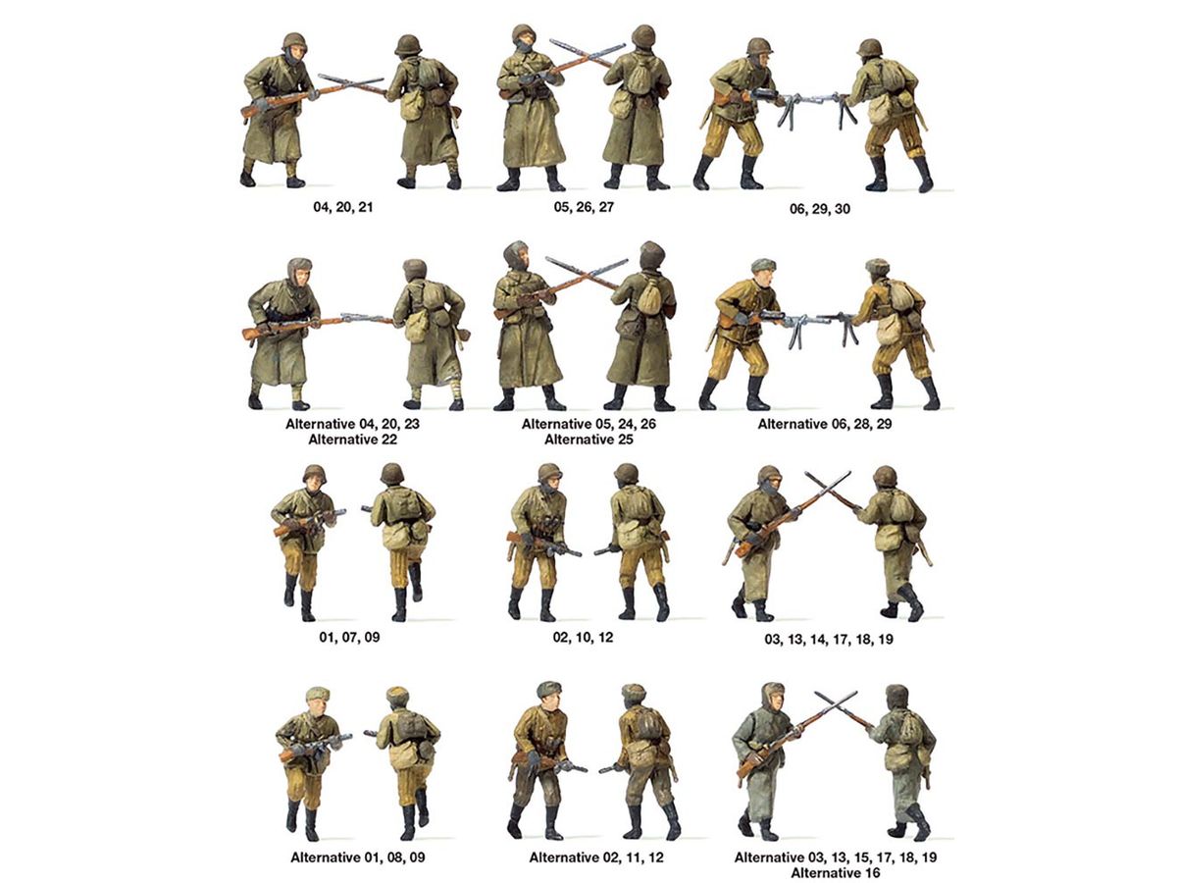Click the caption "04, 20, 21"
tap(342, 207)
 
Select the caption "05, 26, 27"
tap(584, 207)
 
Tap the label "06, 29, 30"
tap(820, 209)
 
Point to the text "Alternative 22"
tap(352, 440)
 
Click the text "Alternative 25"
tap(588, 440)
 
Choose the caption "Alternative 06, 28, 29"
tap(825, 424)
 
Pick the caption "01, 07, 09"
tap(349, 638)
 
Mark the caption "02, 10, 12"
tap(583, 638)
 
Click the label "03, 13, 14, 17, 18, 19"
tap(829, 639)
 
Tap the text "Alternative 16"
tap(836, 873)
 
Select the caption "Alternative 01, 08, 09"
tap(358, 857)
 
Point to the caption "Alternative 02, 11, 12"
tap(596, 857)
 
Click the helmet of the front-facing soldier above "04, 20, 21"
tap(294, 41)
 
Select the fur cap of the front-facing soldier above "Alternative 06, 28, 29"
tap(762, 264)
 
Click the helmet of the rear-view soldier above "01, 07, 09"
tap(391, 474)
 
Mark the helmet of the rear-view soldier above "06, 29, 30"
tap(869, 47)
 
